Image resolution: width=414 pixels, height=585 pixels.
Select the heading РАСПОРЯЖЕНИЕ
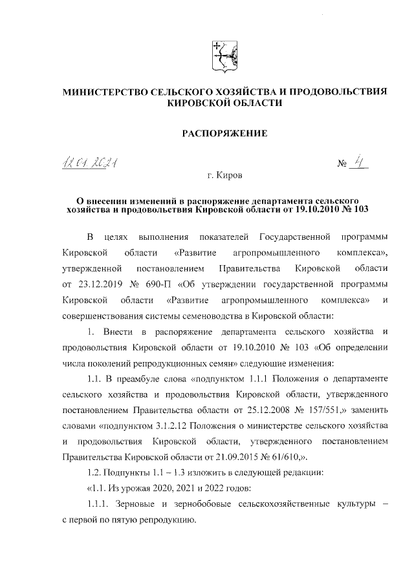[x=223, y=134]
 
